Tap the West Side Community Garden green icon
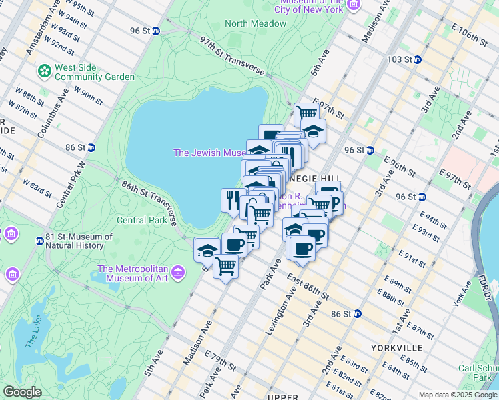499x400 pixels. pyautogui.click(x=45, y=69)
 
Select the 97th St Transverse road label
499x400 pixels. pyautogui.click(x=233, y=57)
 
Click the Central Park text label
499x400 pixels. pyautogui.click(x=141, y=219)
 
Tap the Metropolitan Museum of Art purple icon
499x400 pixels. pyautogui.click(x=177, y=272)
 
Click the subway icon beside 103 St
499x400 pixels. pyautogui.click(x=417, y=59)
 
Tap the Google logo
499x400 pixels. pyautogui.click(x=22, y=392)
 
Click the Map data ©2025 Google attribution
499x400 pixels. pyautogui.click(x=457, y=395)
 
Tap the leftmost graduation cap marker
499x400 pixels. pyautogui.click(x=207, y=251)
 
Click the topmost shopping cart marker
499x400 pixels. pyautogui.click(x=306, y=113)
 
